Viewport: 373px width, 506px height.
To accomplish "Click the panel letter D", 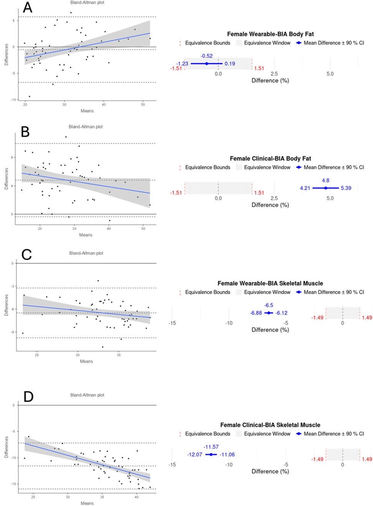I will pos(28,396).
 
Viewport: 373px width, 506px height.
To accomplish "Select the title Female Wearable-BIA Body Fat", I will pos(270,34).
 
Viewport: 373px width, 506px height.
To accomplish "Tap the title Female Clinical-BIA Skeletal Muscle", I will pos(270,425).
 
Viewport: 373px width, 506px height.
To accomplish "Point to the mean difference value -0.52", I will pos(206,56).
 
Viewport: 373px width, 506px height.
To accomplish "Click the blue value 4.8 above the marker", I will pos(325,180).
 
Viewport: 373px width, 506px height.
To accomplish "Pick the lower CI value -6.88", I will pos(256,313).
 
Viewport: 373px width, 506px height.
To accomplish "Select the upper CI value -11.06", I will pos(227,455).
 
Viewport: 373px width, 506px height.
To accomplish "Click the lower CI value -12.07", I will pos(195,455).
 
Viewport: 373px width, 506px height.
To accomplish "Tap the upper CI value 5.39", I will pos(346,188).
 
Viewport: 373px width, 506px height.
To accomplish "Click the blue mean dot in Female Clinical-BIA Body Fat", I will pos(326,188).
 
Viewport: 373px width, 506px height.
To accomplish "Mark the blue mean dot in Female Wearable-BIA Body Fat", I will pos(206,64).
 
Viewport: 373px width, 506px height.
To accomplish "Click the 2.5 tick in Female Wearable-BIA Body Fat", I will pos(274,74).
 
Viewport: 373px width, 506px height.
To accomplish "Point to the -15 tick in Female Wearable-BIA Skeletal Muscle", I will pos(172,323).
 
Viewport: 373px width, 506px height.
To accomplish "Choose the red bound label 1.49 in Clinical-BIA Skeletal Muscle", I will pos(367,459).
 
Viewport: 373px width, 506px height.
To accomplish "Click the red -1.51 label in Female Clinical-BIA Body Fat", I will pos(176,193).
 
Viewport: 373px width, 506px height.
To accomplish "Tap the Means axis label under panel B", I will pos(86,235).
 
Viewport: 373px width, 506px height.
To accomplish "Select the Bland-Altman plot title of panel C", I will pos(86,253).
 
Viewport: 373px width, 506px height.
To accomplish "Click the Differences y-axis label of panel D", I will pos(7,447).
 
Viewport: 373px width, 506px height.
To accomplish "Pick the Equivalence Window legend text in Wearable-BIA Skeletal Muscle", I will pos(267,292).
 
